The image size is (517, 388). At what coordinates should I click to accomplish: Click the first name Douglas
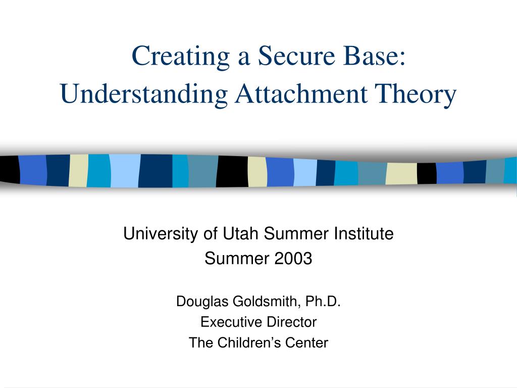point(202,302)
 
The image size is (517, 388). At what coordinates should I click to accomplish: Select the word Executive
point(226,322)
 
